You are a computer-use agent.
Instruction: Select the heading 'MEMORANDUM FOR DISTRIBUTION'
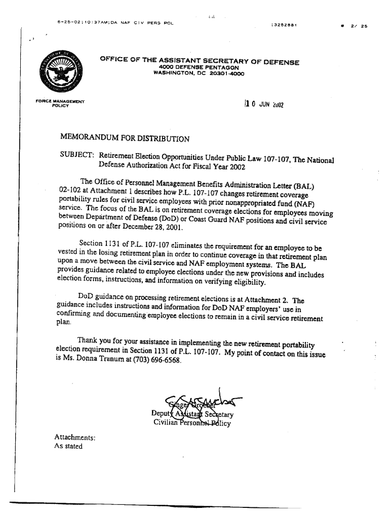click(125, 138)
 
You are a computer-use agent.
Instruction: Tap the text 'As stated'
click(68, 447)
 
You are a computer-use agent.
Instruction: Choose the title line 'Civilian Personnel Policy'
click(192, 423)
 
